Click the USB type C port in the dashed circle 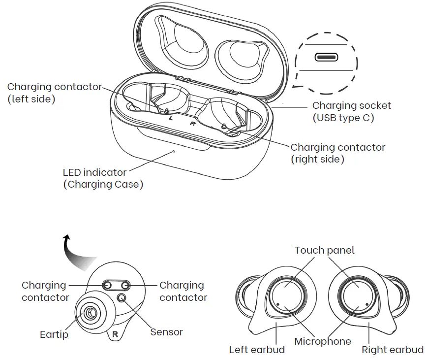(x=326, y=57)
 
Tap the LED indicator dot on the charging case (x=174, y=151)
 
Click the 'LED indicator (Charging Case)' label (x=103, y=179)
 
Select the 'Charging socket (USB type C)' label (x=351, y=112)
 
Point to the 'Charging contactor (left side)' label (x=54, y=93)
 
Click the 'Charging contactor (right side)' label (x=337, y=153)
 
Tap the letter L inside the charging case (x=171, y=118)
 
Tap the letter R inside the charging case (x=193, y=124)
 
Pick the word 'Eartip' (x=54, y=335)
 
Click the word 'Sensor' (x=166, y=332)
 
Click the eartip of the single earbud (x=90, y=313)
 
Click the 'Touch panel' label (x=324, y=250)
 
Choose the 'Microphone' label (x=323, y=341)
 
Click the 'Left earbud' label (x=257, y=350)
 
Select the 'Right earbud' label (x=392, y=350)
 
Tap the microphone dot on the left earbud (x=278, y=304)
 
